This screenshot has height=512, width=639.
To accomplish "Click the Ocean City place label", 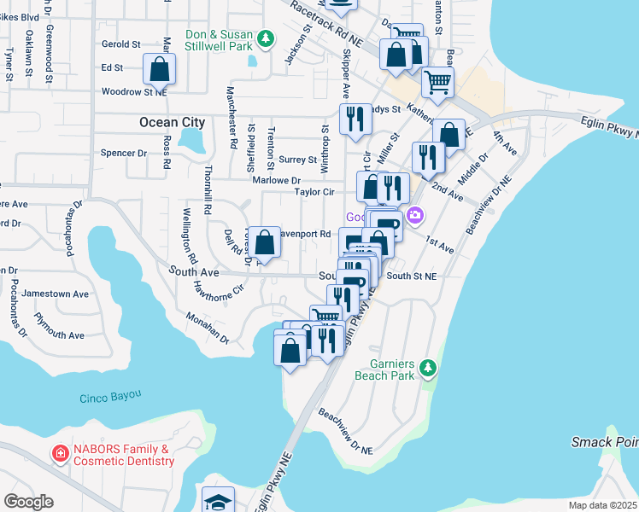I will pyautogui.click(x=172, y=123).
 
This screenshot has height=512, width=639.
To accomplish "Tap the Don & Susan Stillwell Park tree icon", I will pyautogui.click(x=266, y=38).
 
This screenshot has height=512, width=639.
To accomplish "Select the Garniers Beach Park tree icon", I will pyautogui.click(x=428, y=369).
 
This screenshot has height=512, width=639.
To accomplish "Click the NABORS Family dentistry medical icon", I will pyautogui.click(x=60, y=454).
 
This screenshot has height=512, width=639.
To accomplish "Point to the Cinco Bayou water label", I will pyautogui.click(x=110, y=398).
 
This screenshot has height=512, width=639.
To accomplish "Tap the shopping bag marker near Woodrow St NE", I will pyautogui.click(x=159, y=68).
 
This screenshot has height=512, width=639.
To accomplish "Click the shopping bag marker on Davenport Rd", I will pyautogui.click(x=265, y=241).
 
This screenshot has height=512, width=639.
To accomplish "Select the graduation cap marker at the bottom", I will pyautogui.click(x=218, y=500).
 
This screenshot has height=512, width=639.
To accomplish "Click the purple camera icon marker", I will pyautogui.click(x=415, y=215).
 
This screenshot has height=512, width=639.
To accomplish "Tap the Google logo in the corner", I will pyautogui.click(x=28, y=502).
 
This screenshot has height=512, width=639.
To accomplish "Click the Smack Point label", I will pyautogui.click(x=604, y=442).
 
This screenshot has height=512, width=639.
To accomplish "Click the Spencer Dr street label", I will pyautogui.click(x=124, y=154).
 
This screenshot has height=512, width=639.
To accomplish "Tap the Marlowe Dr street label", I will pyautogui.click(x=276, y=180).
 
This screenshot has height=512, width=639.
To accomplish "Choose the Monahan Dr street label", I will pyautogui.click(x=208, y=327).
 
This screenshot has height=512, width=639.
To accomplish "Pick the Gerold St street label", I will pyautogui.click(x=120, y=44).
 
